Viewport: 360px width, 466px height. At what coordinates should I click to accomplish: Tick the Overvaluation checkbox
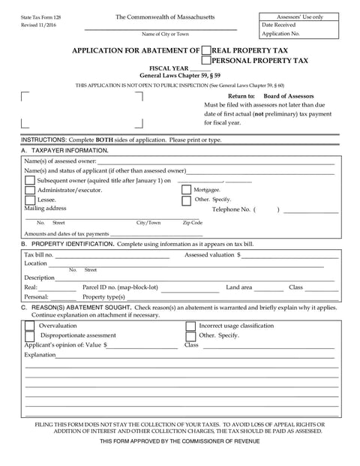tap(30, 326)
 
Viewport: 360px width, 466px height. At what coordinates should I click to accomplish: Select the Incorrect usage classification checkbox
tap(190, 326)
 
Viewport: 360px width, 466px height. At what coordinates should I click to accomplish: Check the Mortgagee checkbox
tap(186, 190)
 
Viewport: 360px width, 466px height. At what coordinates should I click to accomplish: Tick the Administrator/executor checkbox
tap(30, 191)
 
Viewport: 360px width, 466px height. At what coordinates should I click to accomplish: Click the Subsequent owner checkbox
tap(30, 181)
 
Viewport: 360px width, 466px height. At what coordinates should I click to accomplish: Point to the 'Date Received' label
tap(278, 25)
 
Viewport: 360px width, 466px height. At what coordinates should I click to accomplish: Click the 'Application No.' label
tap(280, 34)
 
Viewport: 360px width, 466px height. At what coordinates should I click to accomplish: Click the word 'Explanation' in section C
tap(39, 354)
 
